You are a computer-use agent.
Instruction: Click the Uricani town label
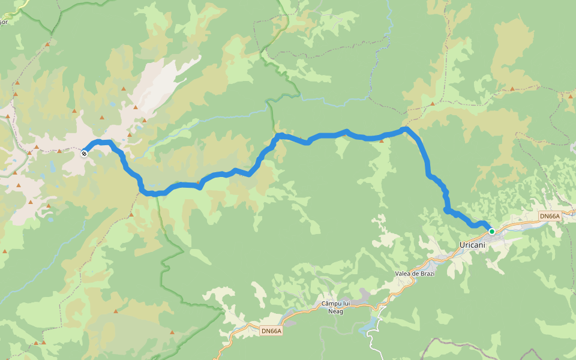click(473, 245)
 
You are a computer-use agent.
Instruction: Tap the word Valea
click(405, 274)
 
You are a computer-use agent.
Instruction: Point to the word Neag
click(335, 311)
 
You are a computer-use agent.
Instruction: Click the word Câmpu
click(331, 304)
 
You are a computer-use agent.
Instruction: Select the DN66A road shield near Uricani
click(549, 216)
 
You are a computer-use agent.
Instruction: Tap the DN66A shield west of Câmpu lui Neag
click(271, 331)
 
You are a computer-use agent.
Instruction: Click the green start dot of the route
click(492, 232)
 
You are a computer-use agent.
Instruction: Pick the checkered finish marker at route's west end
click(85, 154)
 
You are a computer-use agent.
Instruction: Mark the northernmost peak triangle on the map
click(47, 44)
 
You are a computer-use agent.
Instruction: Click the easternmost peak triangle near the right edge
click(571, 95)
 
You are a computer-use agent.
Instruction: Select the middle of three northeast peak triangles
click(512, 89)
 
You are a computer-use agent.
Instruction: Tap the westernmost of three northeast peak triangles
click(432, 103)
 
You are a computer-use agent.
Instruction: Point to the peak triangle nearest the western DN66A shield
click(172, 332)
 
